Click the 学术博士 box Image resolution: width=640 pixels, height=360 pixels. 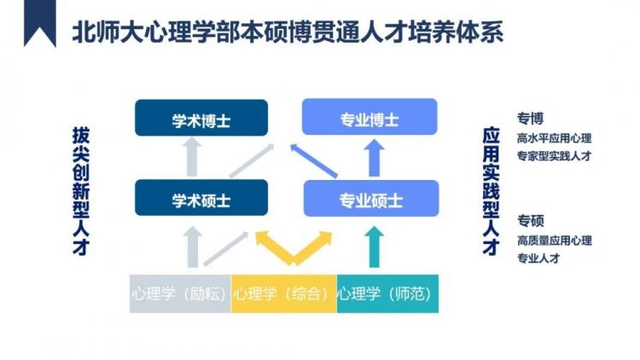201,118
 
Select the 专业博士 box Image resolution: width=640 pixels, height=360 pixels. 369,117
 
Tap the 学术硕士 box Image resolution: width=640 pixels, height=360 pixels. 201,198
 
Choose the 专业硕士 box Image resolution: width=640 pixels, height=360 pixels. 371,199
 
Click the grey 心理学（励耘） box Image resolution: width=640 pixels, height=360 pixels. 180,293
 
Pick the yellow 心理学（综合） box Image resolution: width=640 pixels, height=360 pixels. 283,293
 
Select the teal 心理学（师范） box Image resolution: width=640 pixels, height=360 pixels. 387,293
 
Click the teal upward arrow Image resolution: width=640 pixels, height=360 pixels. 374,247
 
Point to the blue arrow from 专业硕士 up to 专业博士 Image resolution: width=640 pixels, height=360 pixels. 374,159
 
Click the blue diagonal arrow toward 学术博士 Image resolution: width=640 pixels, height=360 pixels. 313,160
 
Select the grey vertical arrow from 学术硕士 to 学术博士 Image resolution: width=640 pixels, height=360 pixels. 192,157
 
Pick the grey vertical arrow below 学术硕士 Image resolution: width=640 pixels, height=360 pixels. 192,247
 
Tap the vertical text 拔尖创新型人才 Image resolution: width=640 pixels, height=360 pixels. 81,191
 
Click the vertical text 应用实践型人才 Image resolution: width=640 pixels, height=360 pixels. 491,191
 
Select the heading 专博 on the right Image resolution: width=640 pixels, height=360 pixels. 530,119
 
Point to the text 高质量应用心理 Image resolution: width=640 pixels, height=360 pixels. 555,241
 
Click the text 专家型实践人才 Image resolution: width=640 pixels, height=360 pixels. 554,156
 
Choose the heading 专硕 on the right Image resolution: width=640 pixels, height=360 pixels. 531,221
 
